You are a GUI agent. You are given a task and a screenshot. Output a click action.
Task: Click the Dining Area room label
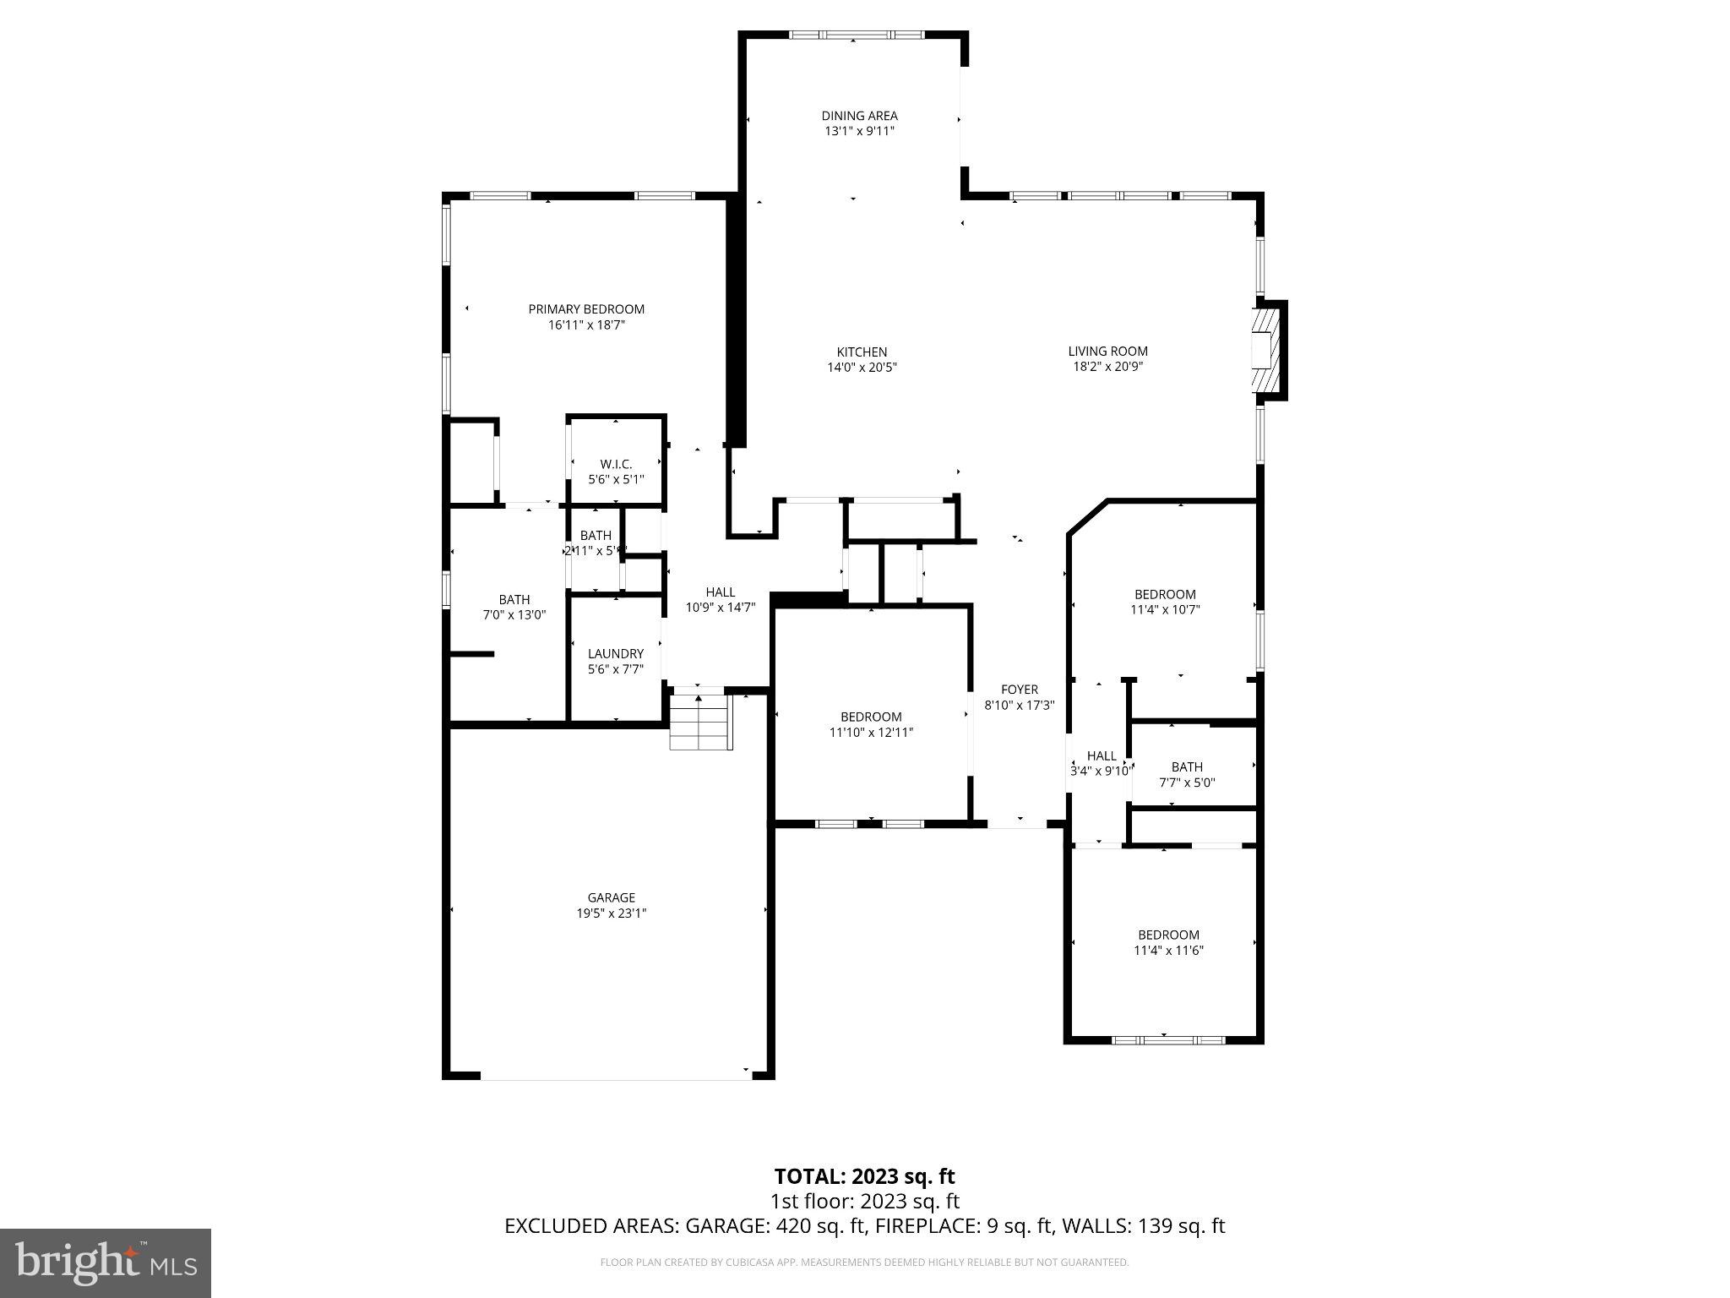pos(859,116)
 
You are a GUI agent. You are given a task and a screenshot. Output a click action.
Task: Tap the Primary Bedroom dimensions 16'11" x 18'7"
pos(586,324)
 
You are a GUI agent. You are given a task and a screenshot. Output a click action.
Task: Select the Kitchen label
pos(862,352)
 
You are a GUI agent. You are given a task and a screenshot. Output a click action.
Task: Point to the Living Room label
pos(1107,351)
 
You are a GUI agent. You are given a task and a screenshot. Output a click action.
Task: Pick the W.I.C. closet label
pos(616,464)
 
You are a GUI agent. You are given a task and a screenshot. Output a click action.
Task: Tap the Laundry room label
pos(616,653)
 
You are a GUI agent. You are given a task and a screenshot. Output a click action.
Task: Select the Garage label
pos(611,897)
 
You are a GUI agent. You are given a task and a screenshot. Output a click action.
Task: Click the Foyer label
pos(1019,690)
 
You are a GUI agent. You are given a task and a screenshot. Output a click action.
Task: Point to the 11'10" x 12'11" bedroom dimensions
pos(871,733)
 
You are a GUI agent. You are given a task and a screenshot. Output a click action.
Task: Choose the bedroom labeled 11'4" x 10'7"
pos(1165,602)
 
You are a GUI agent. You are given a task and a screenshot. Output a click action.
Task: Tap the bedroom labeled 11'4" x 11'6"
pos(1168,942)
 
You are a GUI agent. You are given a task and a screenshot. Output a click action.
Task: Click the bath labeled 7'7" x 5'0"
pos(1187,774)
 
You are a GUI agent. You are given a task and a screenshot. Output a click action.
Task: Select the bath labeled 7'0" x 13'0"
pos(514,608)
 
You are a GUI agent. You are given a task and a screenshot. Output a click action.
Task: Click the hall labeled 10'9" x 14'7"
pos(720,599)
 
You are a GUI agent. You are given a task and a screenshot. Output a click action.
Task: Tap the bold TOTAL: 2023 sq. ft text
pos(864,1176)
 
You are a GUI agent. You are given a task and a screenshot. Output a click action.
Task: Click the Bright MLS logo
pos(106,1263)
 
